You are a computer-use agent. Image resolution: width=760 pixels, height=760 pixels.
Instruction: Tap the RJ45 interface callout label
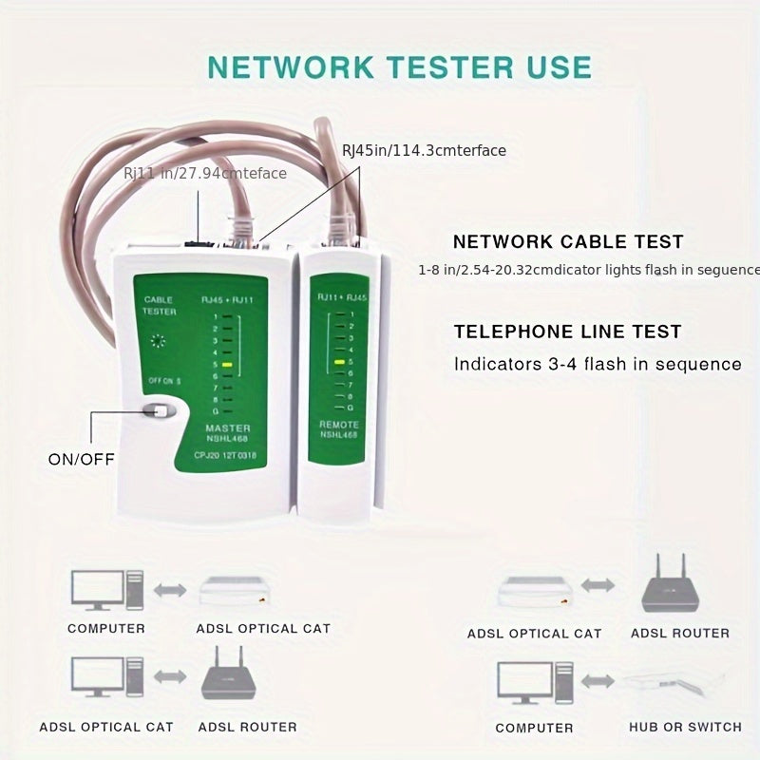(x=424, y=150)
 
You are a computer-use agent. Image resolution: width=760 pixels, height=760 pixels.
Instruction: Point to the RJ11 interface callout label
(x=204, y=173)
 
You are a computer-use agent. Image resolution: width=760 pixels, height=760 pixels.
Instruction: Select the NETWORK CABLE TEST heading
(x=568, y=242)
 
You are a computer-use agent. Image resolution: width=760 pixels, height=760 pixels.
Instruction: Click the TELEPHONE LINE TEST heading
(x=567, y=332)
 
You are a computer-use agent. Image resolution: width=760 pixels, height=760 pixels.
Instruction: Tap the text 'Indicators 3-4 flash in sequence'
(x=598, y=364)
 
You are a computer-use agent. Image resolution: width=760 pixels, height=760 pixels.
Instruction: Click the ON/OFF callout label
(x=81, y=459)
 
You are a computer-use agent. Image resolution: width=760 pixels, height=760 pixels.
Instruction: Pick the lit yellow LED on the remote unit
(x=338, y=362)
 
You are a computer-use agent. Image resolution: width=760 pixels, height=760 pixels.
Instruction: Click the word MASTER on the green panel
(x=228, y=427)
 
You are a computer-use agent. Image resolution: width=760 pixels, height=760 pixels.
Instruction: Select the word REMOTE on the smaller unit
(x=338, y=424)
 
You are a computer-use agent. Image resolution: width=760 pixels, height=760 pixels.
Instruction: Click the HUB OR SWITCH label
(x=685, y=727)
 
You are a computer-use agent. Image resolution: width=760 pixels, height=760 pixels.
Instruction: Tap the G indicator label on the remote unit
(x=351, y=407)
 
